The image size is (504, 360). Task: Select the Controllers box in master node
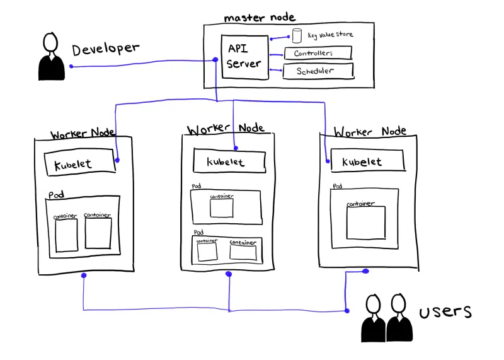point(318,54)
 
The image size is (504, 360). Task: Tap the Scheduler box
point(317,71)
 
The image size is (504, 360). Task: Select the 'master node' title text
point(259,18)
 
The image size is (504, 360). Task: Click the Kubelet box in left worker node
point(80,164)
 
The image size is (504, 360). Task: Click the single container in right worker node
point(365,221)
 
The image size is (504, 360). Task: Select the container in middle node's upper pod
point(222,207)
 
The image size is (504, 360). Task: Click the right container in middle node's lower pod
point(243,252)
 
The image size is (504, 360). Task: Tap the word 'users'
point(445,311)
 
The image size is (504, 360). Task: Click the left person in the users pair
point(372,320)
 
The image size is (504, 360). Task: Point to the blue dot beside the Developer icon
point(71,66)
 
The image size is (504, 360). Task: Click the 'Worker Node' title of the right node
point(369,132)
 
